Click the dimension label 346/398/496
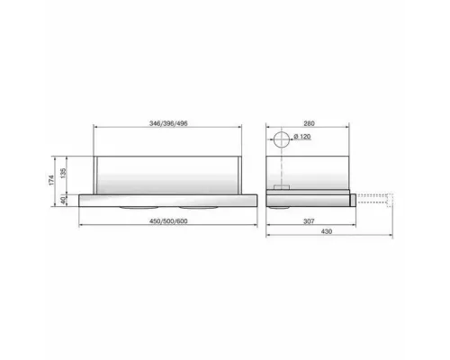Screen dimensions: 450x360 click(168, 123)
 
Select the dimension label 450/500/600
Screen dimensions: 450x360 click(168, 221)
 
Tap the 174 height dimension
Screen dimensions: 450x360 click(51, 180)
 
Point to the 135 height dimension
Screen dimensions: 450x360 click(63, 173)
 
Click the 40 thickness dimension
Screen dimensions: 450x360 click(63, 200)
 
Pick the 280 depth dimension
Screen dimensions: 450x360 click(309, 123)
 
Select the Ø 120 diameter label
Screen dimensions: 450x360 click(302, 137)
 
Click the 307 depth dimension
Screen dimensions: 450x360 click(309, 221)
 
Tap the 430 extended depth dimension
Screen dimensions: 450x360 click(327, 231)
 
